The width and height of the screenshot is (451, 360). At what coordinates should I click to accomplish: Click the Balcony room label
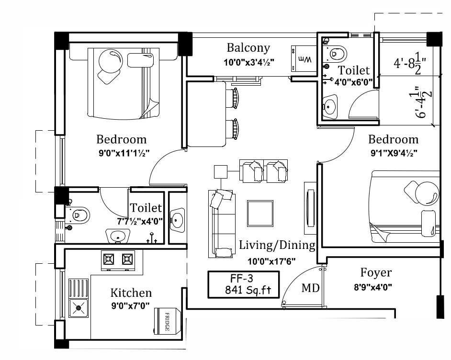coord(248,48)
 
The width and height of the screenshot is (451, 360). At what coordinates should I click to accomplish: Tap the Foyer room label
coord(375,273)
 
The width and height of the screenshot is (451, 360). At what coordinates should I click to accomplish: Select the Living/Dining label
coord(277,246)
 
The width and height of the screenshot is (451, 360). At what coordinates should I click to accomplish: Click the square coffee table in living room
coord(259,213)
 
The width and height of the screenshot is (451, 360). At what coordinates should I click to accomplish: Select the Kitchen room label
coord(131,293)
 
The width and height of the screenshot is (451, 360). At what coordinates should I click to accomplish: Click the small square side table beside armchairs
coord(220,171)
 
